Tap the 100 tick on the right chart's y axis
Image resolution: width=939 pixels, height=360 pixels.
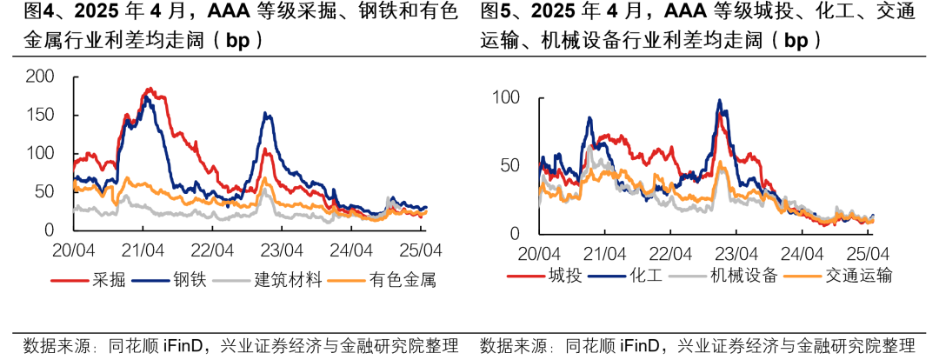point(505,97)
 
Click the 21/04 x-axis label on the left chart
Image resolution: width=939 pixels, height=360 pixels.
point(143,250)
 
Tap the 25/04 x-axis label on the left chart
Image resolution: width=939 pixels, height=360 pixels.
point(420,250)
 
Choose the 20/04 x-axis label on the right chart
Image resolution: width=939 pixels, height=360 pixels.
point(539,255)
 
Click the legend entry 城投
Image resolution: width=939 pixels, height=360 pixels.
point(564,276)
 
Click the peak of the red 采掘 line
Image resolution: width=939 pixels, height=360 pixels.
point(149,89)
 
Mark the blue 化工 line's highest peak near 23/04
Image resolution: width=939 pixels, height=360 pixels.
point(719,100)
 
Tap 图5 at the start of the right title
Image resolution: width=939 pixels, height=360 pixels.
point(494,12)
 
